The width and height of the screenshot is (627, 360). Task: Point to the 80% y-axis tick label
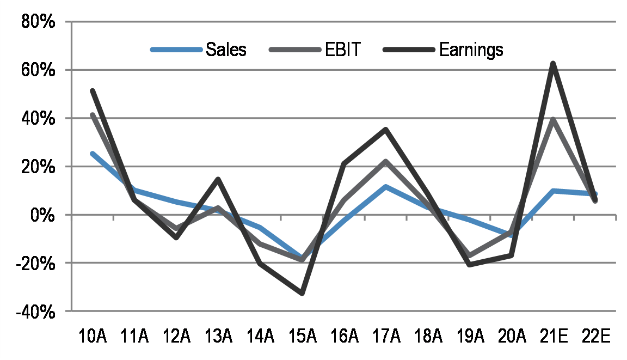[x=38, y=22]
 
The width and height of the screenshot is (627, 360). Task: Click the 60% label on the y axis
[x=38, y=70]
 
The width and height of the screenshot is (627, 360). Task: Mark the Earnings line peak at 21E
[x=553, y=64]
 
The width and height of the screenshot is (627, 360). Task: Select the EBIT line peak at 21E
[x=553, y=119]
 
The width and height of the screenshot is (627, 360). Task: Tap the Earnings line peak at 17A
[x=386, y=130]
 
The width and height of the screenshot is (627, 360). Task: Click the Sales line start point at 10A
[x=93, y=154]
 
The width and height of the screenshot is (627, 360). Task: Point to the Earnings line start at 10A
[x=93, y=90]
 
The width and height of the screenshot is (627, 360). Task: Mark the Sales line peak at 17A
[x=386, y=187]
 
